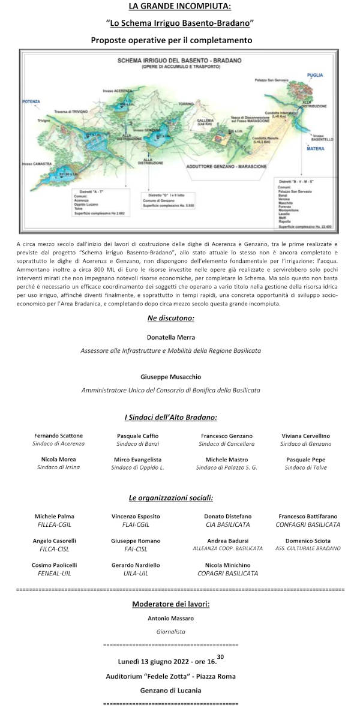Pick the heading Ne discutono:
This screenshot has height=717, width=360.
[x=170, y=317]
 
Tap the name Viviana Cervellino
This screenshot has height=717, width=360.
[x=306, y=436]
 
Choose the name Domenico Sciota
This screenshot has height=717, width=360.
[x=307, y=541]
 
